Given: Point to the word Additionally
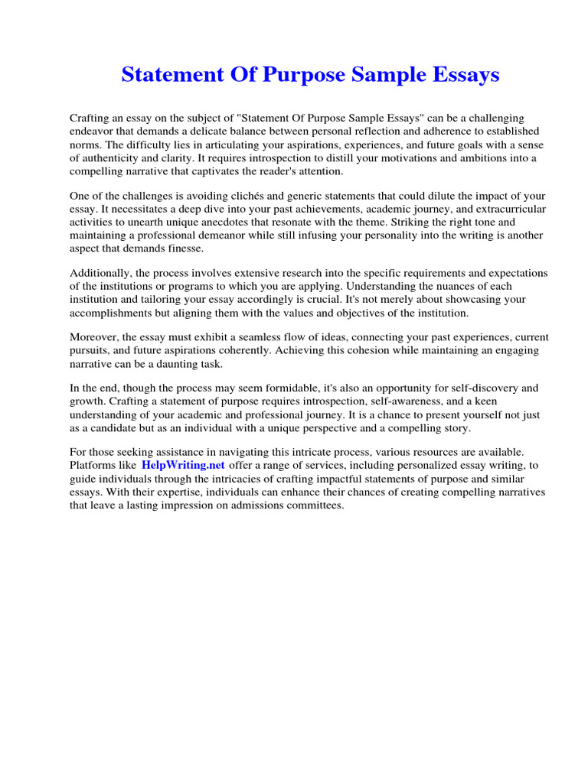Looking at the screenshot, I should coord(99,273).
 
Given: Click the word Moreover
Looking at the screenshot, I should coord(93,337).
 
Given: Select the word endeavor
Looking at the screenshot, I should coord(92,131).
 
